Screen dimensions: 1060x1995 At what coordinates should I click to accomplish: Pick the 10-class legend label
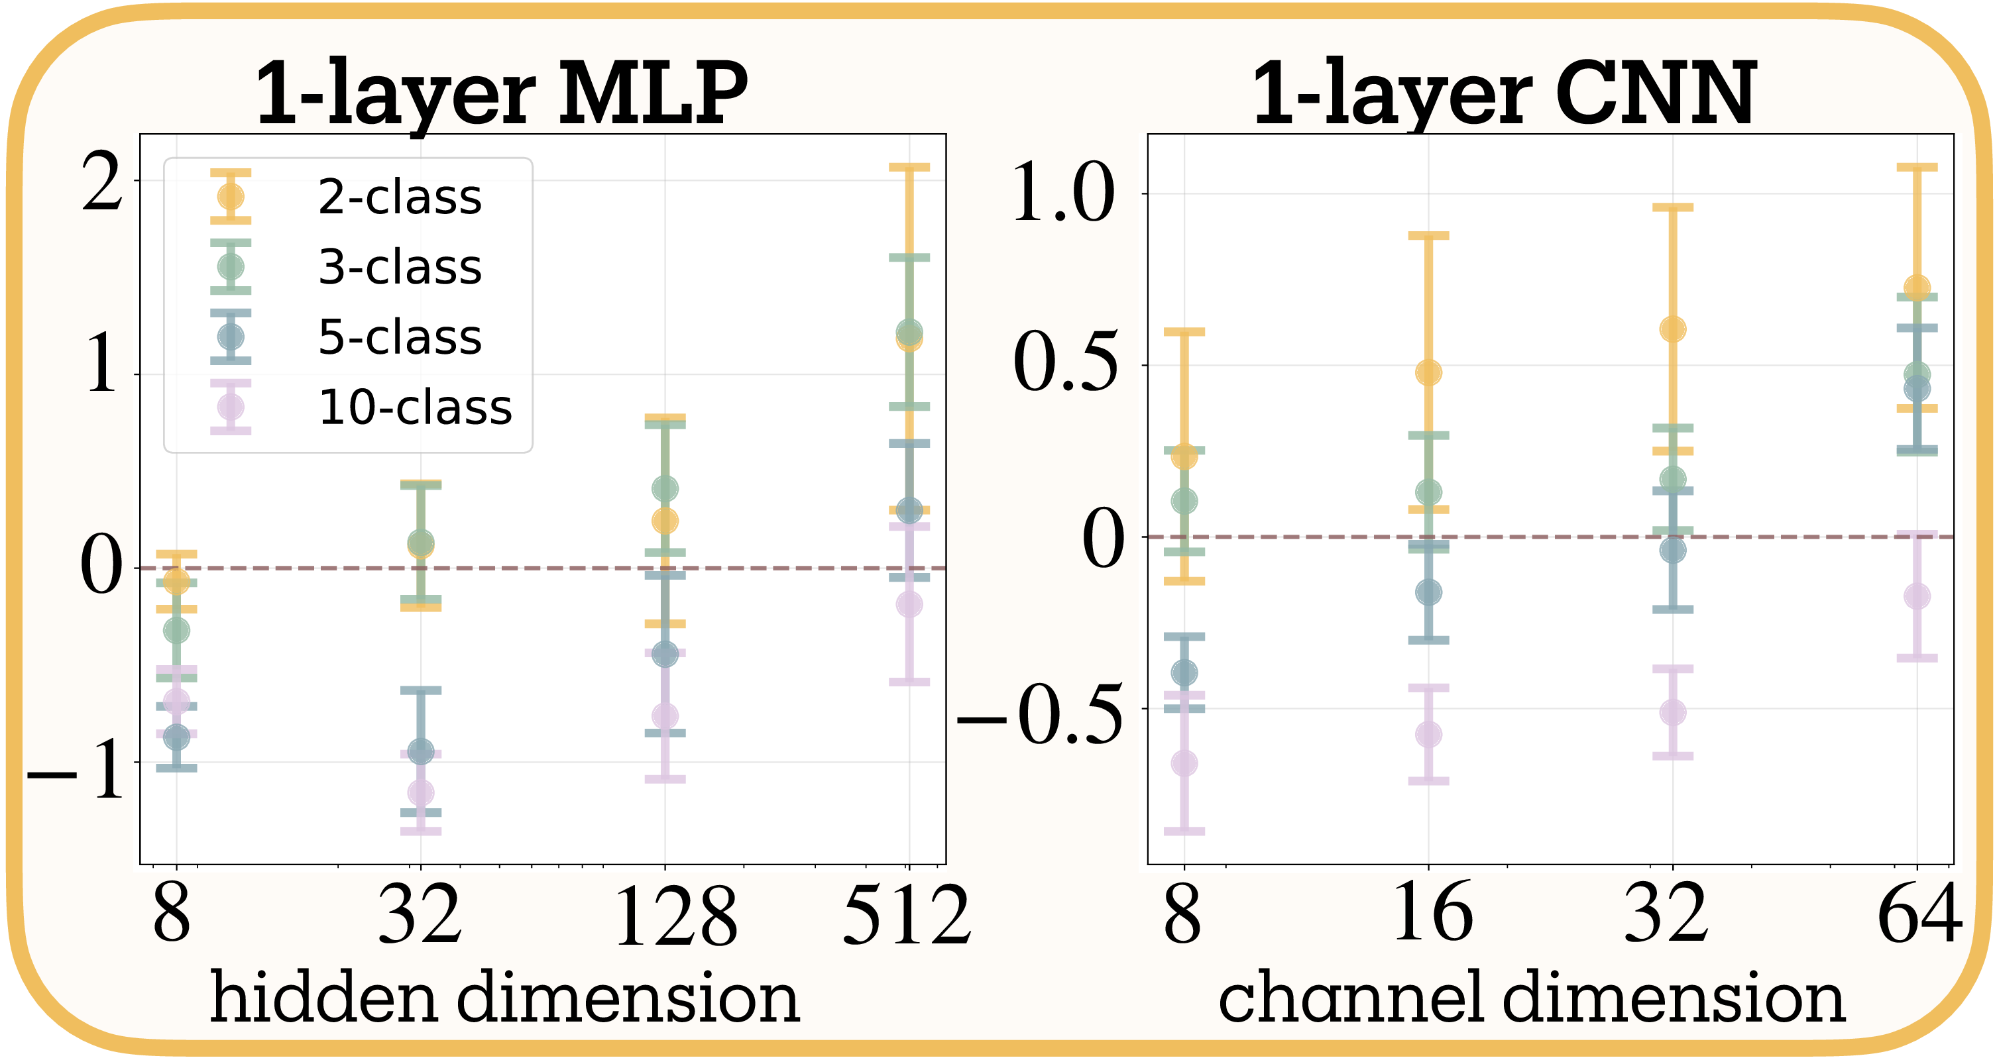(415, 407)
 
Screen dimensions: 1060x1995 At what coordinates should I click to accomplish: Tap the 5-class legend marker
(231, 337)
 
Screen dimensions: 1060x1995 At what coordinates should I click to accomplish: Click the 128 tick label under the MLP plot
(675, 917)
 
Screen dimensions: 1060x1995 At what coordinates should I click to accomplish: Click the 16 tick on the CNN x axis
(1432, 914)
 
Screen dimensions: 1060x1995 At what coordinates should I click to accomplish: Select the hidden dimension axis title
(505, 998)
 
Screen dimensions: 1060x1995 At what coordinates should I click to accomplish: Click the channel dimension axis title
(1531, 998)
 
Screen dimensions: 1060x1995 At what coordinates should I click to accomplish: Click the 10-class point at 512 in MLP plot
(909, 604)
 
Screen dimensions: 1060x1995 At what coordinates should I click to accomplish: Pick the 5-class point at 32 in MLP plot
(420, 751)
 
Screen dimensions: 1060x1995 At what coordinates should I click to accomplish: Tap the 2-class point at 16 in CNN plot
(1429, 372)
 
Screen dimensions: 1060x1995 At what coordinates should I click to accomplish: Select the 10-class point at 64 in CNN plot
(1917, 596)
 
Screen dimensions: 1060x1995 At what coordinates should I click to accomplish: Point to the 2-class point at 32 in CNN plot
(1673, 329)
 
